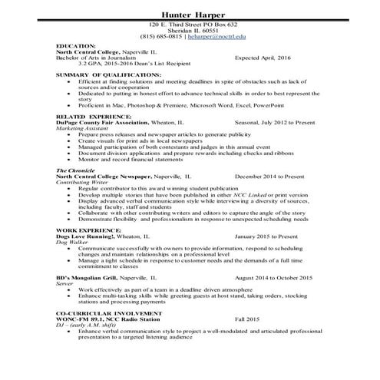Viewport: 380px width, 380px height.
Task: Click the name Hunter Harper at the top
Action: pyautogui.click(x=190, y=15)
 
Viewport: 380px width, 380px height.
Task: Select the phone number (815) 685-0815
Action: pyautogui.click(x=158, y=37)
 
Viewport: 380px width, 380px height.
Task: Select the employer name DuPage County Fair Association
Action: pyautogui.click(x=105, y=122)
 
